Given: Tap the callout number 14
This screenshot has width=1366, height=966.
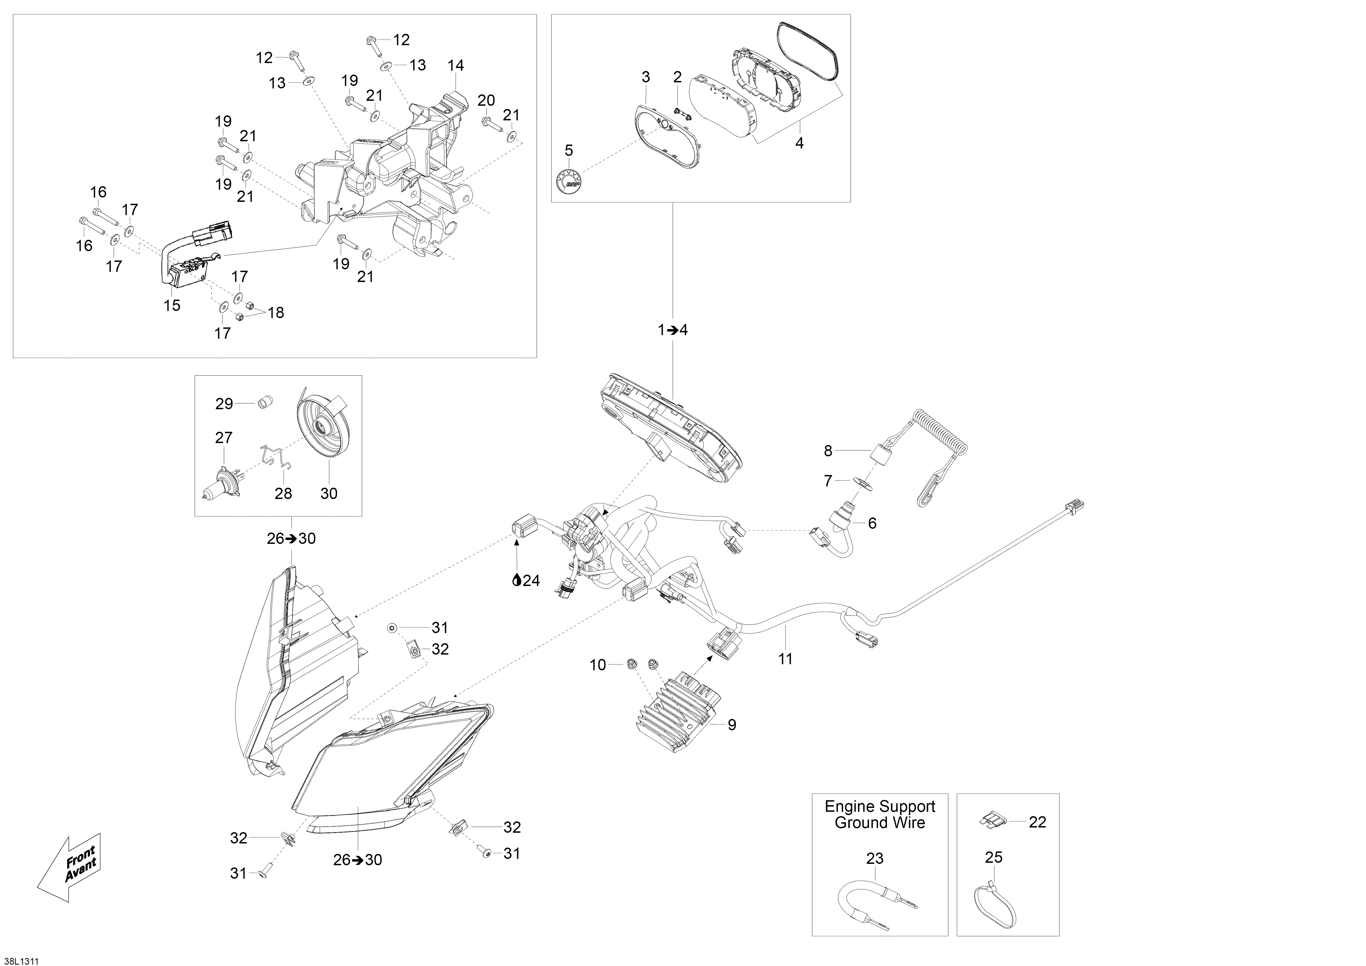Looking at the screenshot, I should click(456, 66).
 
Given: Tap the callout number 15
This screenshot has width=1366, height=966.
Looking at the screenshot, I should click(172, 305).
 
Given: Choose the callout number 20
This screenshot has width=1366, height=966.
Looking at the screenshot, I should click(486, 101).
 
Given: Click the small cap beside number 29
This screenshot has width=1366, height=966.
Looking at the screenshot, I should click(264, 403).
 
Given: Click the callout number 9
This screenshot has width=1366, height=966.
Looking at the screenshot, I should click(732, 724).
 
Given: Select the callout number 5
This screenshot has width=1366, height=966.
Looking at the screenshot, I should click(569, 151).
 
